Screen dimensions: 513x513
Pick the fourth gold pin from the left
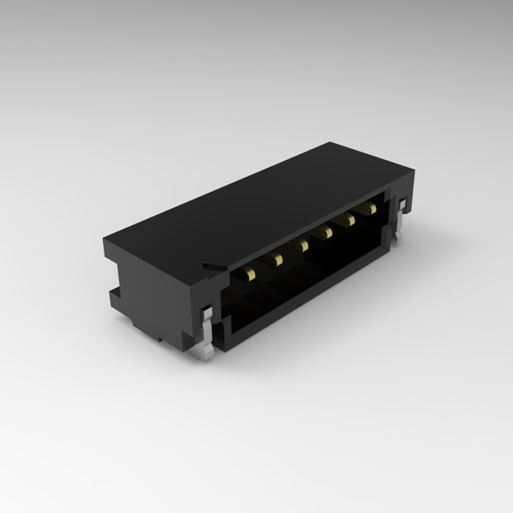324,232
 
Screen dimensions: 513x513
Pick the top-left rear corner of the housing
104,240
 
